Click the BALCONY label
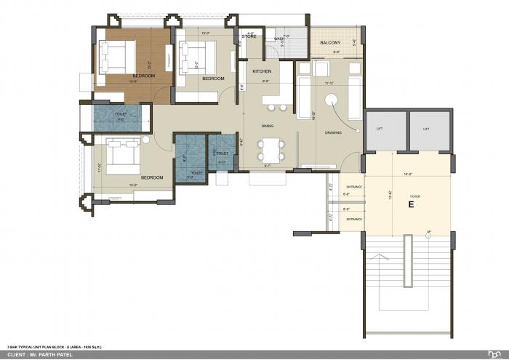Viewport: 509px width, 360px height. click(331, 43)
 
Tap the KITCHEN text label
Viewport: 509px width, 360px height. click(262, 71)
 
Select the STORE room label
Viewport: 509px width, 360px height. click(249, 36)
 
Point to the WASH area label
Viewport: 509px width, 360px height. click(279, 39)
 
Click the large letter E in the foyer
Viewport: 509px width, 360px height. click(411, 205)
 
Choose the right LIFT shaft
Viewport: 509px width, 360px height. click(427, 129)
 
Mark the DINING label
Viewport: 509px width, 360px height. click(268, 126)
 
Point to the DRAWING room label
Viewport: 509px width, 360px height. click(333, 132)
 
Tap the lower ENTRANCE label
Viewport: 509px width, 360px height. click(354, 218)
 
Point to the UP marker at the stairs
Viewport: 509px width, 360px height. click(429, 232)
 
